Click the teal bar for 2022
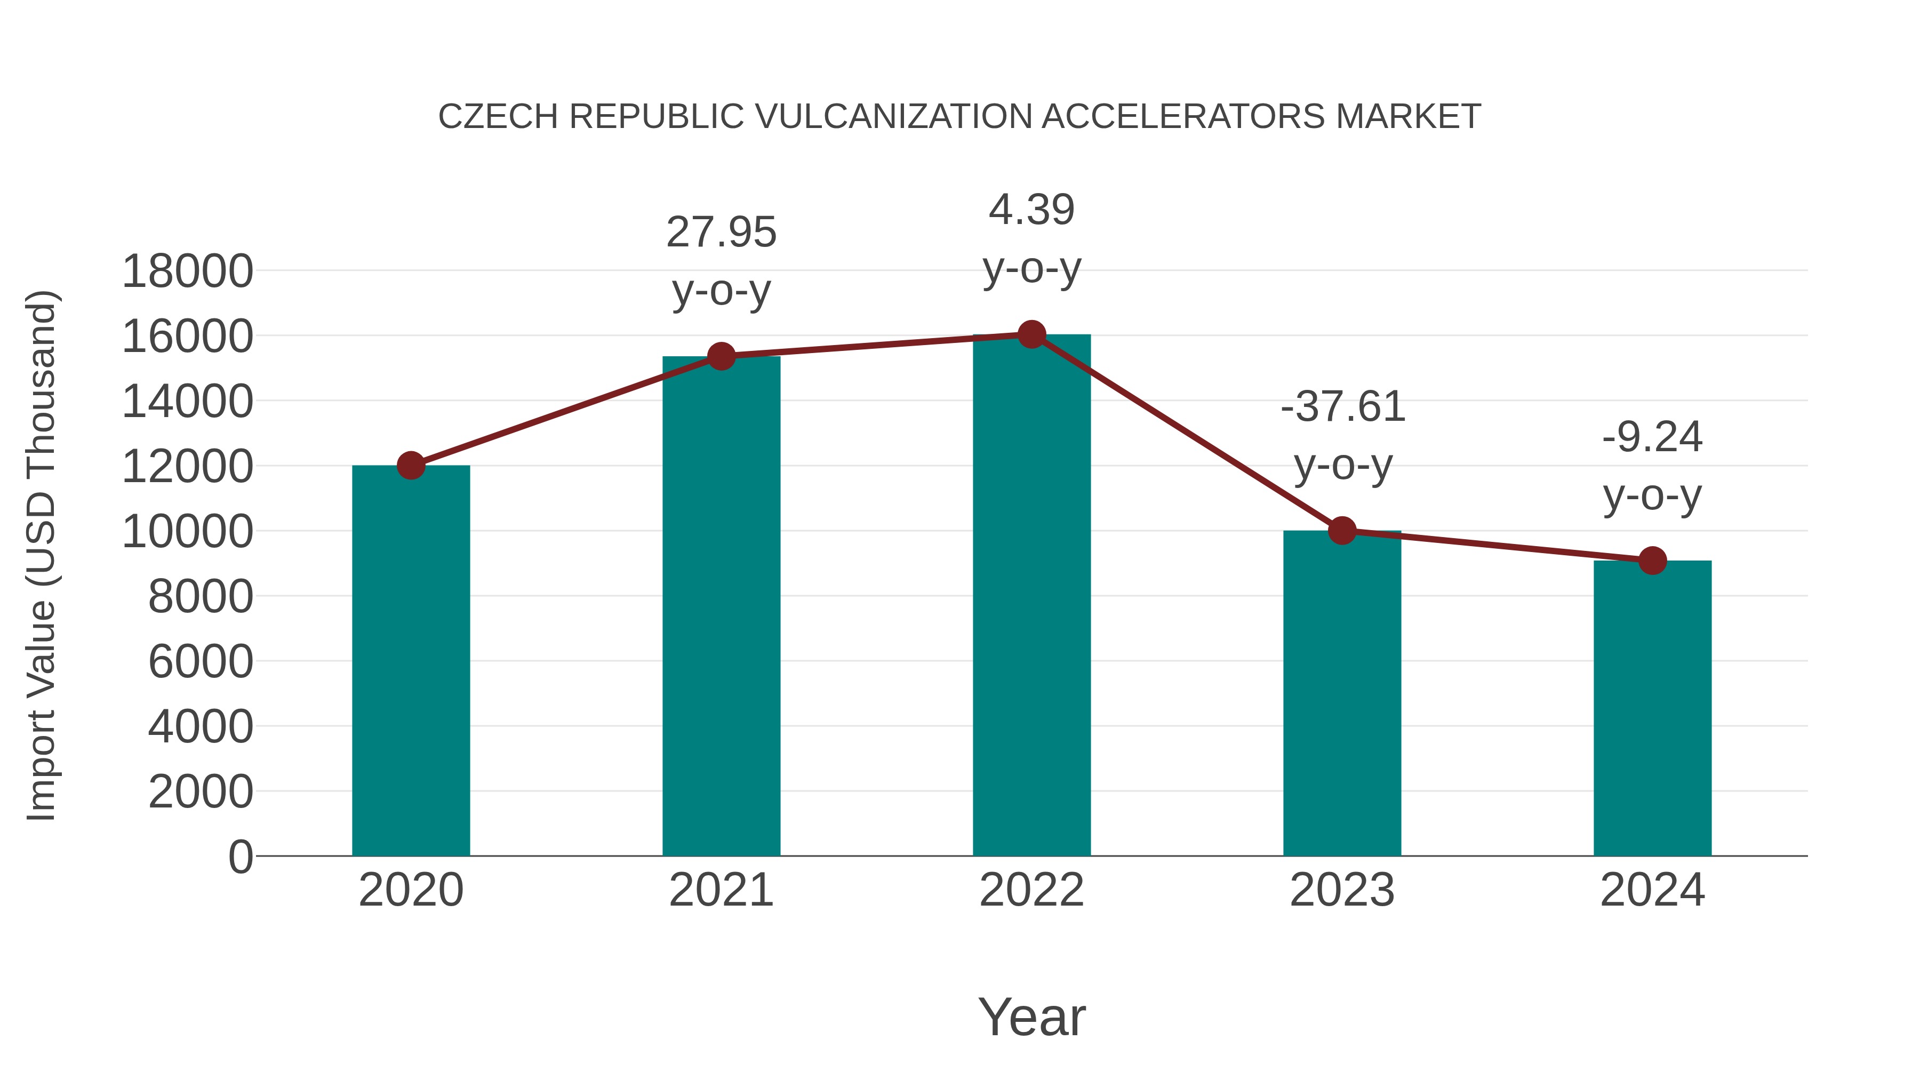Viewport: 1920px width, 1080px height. click(x=1031, y=596)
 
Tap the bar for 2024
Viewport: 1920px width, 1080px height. click(x=1652, y=708)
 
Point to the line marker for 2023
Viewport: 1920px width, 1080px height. click(x=1342, y=531)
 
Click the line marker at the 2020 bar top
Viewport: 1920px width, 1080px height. click(x=411, y=466)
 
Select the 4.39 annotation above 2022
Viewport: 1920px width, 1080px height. click(x=1031, y=210)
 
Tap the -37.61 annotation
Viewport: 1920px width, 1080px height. click(x=1342, y=407)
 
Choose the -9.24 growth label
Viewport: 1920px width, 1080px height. click(x=1652, y=437)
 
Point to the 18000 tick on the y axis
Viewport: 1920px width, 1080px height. click(x=187, y=271)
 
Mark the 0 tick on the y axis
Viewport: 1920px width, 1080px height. click(x=240, y=857)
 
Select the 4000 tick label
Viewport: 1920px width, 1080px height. click(x=201, y=727)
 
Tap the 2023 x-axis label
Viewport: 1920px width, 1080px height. click(x=1342, y=890)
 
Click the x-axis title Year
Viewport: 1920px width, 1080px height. click(x=1031, y=1017)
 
